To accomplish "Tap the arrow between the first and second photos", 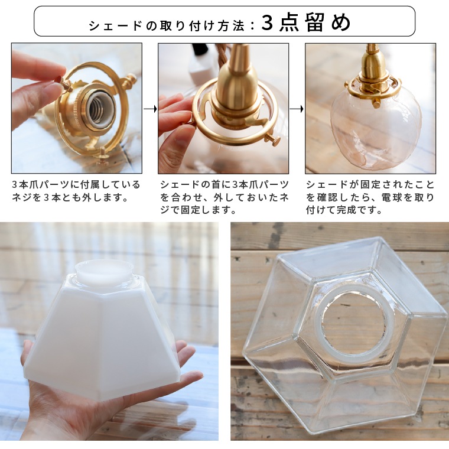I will tap(150, 109).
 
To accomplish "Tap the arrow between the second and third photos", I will tap(297, 109).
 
